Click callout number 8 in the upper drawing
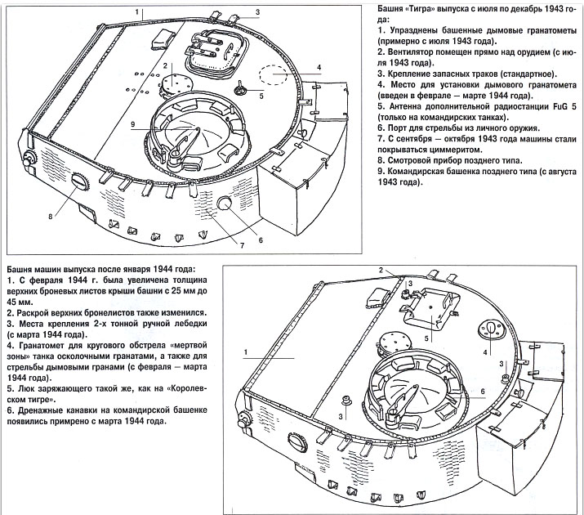point(51,216)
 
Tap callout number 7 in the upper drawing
point(242,245)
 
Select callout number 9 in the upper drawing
point(132,124)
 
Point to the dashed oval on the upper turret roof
point(274,74)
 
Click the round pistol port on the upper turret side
point(225,203)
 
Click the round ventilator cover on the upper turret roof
point(174,84)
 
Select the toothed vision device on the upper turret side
point(80,181)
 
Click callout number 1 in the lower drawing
point(246,352)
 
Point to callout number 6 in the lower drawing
point(483,392)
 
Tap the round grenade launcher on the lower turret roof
point(491,329)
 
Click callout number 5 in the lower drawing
point(426,338)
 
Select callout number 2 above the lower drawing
point(381,270)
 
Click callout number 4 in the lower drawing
point(485,352)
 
